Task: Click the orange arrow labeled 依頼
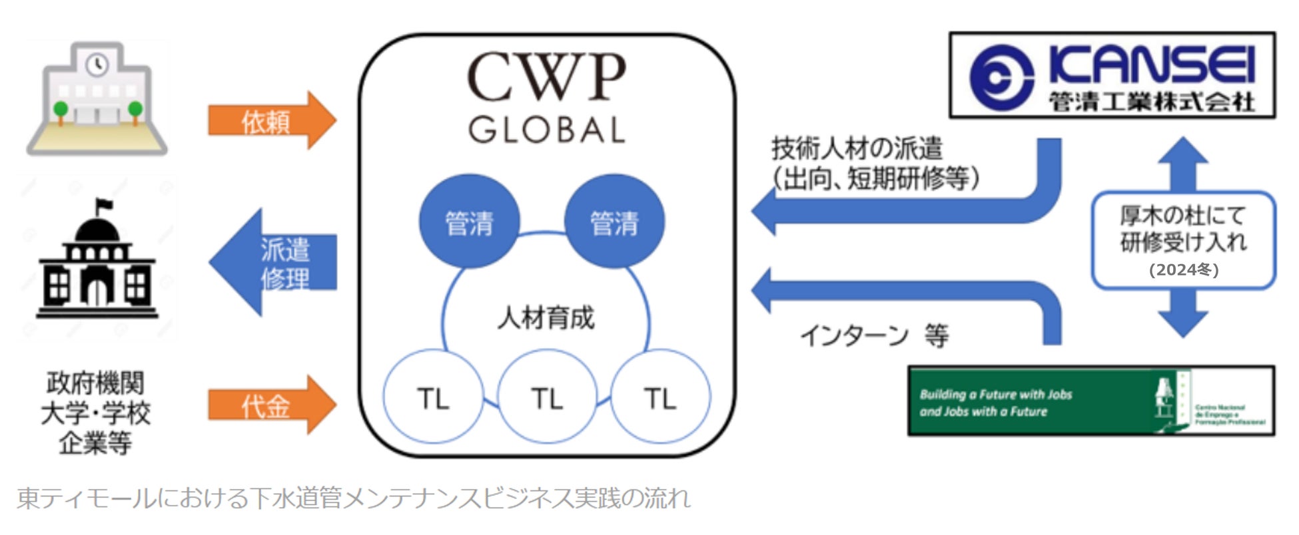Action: tap(270, 121)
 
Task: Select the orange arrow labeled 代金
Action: tap(270, 405)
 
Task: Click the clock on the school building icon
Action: tap(98, 64)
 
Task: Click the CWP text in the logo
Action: tap(546, 78)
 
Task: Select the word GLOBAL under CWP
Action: tap(546, 130)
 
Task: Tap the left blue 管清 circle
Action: tap(469, 222)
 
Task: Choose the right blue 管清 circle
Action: tap(614, 222)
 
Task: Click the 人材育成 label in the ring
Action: tap(546, 318)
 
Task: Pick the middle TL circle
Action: tap(547, 398)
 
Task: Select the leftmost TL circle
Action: tap(433, 398)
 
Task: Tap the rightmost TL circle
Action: tap(660, 398)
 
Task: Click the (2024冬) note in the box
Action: tap(1184, 269)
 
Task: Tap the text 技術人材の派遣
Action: tap(857, 148)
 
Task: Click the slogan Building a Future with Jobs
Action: tap(996, 394)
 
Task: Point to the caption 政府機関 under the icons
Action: tap(95, 383)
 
